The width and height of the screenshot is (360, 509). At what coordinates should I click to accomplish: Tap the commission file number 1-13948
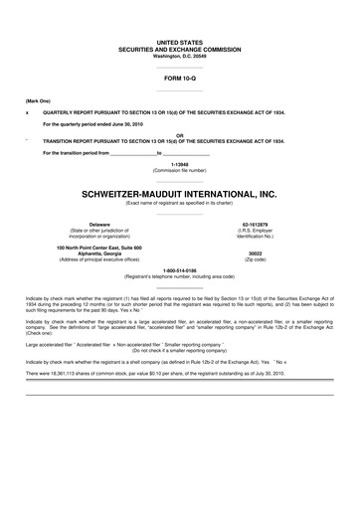tap(179, 164)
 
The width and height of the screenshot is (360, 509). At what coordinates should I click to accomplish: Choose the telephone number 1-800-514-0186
tap(179, 268)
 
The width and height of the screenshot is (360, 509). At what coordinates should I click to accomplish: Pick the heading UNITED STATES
tap(179, 43)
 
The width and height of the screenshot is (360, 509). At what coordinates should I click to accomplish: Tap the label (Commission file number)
tap(179, 170)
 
